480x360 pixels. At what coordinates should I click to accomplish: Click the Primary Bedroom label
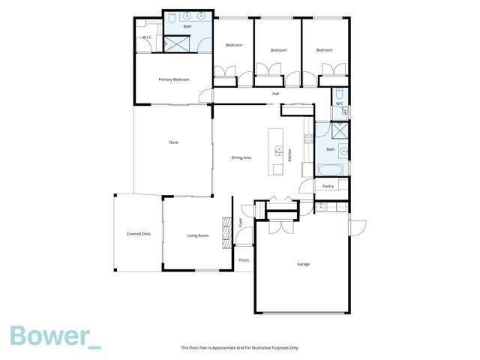(173, 79)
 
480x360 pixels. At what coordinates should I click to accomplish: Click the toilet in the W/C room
(343, 112)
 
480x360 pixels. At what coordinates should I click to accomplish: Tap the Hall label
(275, 94)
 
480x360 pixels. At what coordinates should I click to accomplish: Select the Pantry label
(328, 186)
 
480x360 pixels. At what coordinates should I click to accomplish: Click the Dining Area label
(241, 157)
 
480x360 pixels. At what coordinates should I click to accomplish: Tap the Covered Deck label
(138, 234)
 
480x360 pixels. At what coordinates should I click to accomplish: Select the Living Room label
(197, 235)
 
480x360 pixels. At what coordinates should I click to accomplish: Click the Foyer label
(241, 222)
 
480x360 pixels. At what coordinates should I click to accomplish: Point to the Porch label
(243, 260)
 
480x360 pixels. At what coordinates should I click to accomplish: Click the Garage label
(303, 264)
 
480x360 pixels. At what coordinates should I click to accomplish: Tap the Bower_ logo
(55, 337)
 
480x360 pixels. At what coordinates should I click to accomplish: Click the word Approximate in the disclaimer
(226, 348)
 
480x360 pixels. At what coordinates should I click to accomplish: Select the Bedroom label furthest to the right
(324, 50)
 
